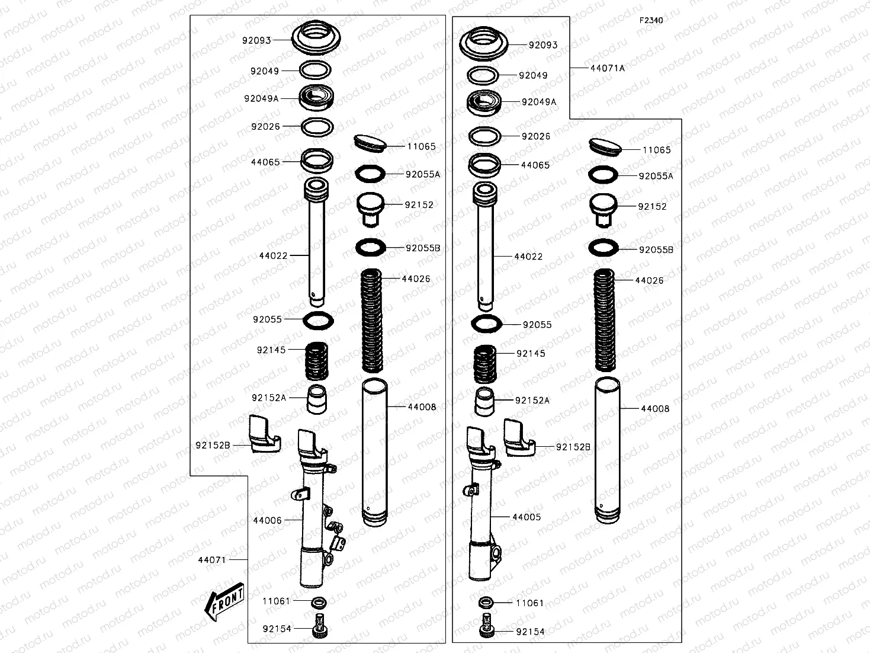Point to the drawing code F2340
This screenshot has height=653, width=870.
[x=650, y=20]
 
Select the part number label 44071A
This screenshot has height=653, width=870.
[x=607, y=68]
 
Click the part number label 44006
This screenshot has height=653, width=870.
[x=267, y=520]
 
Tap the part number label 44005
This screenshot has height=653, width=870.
[x=527, y=517]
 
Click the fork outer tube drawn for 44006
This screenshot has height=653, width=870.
[x=314, y=521]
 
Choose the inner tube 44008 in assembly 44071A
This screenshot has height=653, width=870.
[x=607, y=450]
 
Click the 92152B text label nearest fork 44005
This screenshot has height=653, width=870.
[x=573, y=446]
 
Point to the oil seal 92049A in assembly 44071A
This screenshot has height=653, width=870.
[x=484, y=103]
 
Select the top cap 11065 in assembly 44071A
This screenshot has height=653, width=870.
[x=605, y=146]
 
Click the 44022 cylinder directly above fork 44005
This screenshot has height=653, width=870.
[x=484, y=249]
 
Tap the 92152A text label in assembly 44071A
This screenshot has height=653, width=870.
[x=532, y=401]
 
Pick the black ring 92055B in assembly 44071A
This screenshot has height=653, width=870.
[x=603, y=248]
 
